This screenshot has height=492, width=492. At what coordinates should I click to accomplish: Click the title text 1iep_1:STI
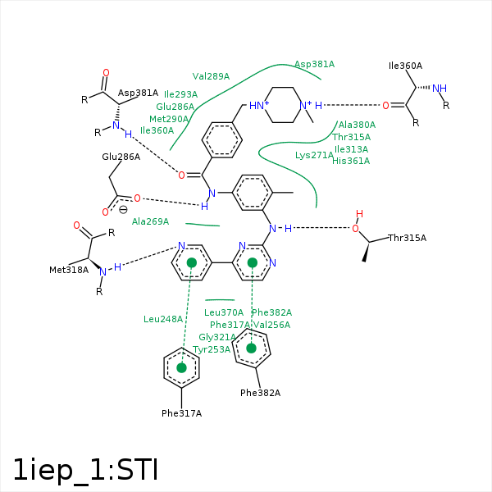84,469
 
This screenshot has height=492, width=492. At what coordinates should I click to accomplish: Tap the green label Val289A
211,76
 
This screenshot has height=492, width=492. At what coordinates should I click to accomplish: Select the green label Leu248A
163,319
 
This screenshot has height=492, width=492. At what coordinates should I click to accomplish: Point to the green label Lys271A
315,155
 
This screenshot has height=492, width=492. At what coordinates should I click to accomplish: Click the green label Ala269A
150,221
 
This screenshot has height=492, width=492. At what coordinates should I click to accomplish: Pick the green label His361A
351,161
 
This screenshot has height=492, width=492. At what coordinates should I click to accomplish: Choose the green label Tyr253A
212,349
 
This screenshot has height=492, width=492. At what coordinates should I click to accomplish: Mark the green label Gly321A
217,337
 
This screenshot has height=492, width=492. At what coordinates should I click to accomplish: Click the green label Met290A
169,119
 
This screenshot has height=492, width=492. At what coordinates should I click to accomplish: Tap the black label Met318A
69,269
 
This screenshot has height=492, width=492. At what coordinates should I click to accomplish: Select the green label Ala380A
357,125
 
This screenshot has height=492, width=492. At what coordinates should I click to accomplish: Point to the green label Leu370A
224,312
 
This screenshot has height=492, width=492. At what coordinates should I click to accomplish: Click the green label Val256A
271,325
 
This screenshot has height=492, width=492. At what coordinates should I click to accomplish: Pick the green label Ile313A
352,149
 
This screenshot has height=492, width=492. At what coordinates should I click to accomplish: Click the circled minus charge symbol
123,209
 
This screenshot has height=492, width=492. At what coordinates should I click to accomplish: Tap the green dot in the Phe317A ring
182,368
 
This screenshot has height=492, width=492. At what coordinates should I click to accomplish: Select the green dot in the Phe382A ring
252,348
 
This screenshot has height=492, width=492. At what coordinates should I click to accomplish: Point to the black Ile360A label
405,66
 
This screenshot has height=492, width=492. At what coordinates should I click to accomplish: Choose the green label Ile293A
180,94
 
